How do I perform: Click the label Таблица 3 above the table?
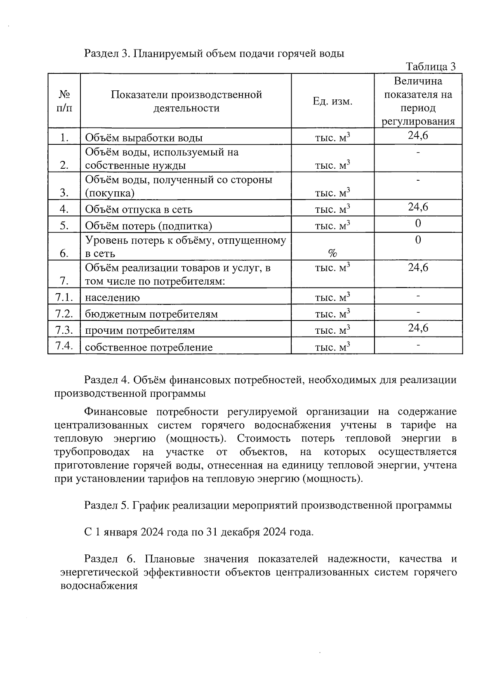pos(431,67)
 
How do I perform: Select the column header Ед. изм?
pos(332,101)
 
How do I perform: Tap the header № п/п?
pos(64,101)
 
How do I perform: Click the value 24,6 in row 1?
pos(418,135)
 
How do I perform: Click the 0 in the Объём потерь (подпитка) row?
pos(418,224)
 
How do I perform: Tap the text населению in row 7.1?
pos(112,298)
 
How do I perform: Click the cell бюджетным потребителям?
pos(151,314)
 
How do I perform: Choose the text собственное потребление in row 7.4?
pos(148,347)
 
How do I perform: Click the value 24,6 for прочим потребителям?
pos(418,328)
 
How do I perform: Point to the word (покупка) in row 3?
pos(110,193)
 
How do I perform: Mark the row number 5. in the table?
pos(64,225)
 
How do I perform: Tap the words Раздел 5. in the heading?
pos(107,505)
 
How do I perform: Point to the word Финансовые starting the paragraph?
pos(113,412)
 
